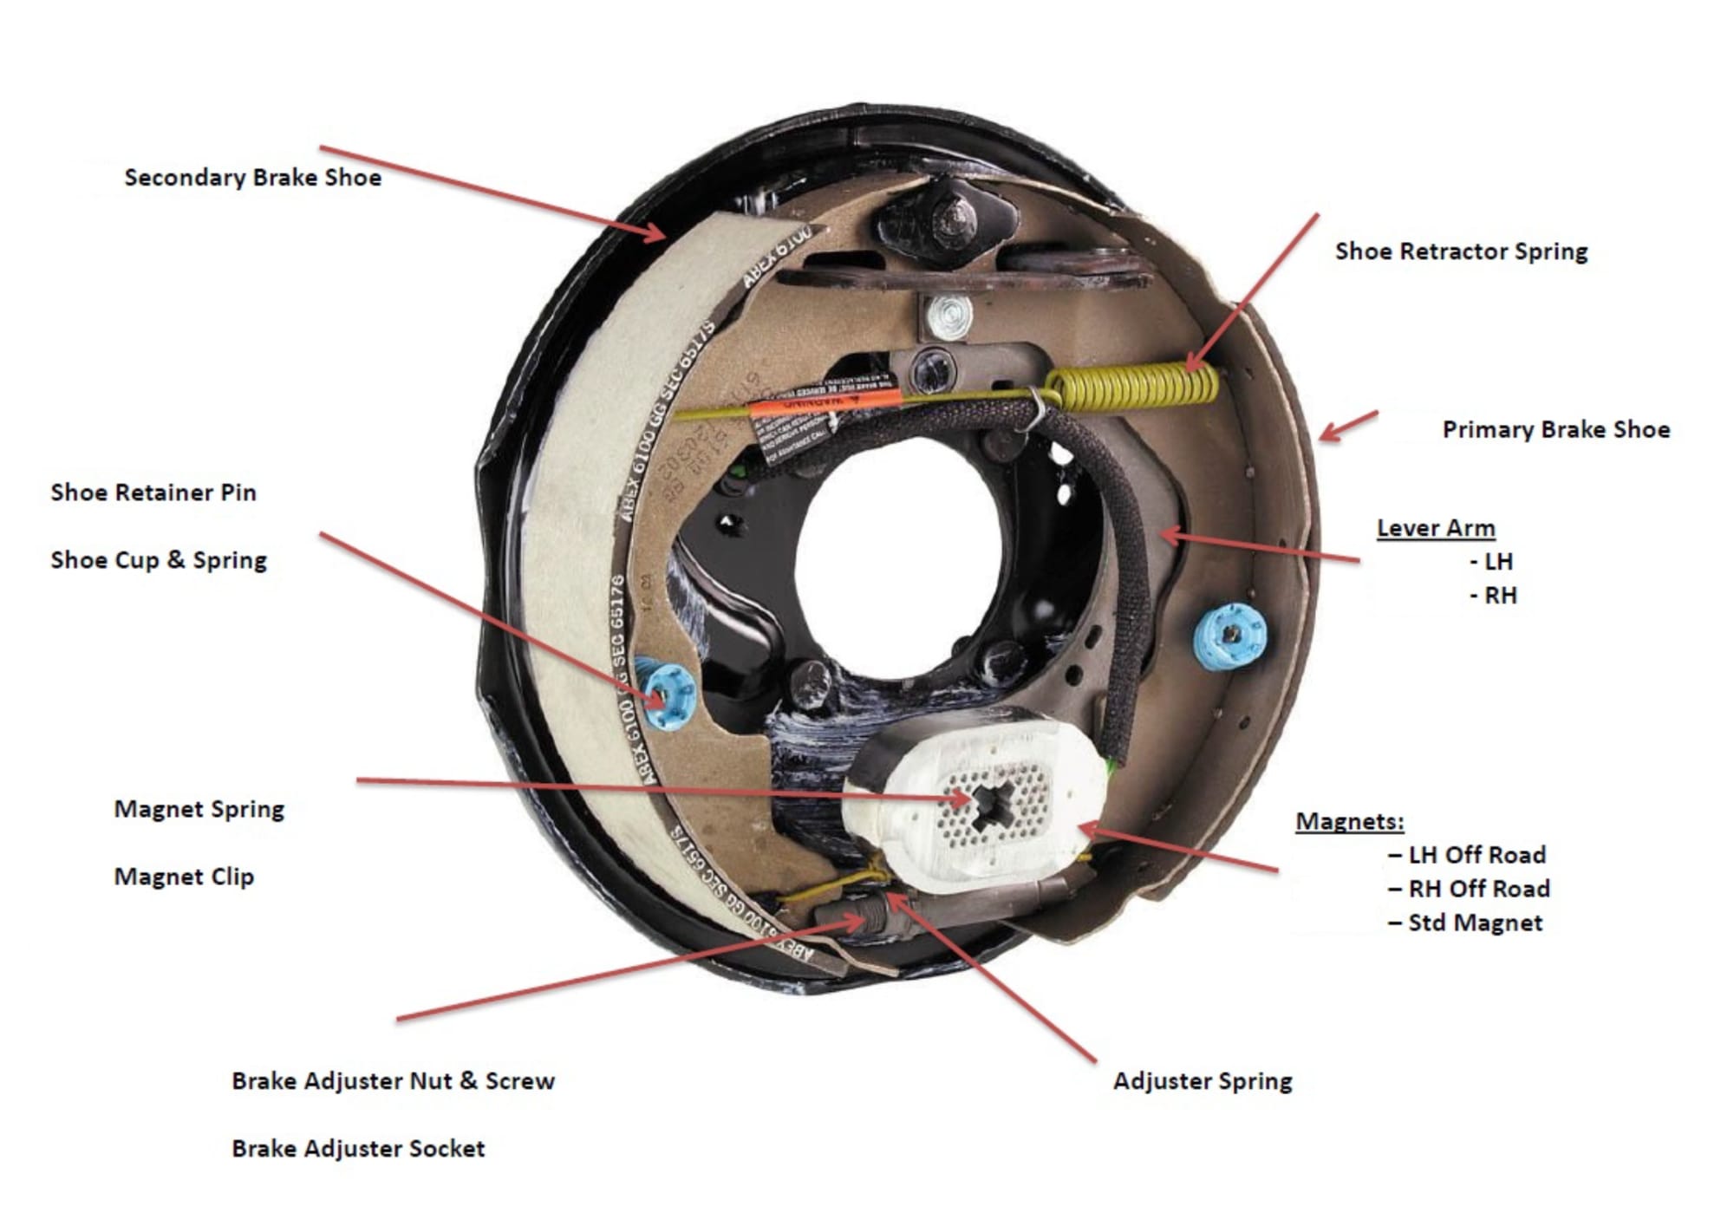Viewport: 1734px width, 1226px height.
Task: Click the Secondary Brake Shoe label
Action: [x=252, y=178]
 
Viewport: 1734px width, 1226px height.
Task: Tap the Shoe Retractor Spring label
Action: [x=1461, y=251]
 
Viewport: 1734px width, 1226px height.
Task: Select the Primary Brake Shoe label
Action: [x=1555, y=429]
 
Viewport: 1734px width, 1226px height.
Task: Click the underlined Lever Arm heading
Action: [x=1436, y=528]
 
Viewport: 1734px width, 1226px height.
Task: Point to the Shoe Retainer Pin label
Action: [x=153, y=492]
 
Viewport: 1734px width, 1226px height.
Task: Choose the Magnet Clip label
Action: [x=184, y=877]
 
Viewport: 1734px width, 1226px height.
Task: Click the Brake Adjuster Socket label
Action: [x=358, y=1149]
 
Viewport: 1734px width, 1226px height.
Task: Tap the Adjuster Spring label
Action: [x=1203, y=1081]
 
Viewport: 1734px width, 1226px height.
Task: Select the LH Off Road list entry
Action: [x=1477, y=855]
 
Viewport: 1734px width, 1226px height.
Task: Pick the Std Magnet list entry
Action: [x=1475, y=923]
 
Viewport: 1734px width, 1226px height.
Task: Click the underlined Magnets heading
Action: [x=1349, y=821]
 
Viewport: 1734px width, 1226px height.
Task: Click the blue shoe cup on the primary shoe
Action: [x=1229, y=636]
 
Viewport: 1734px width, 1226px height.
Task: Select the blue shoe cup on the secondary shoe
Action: [x=666, y=694]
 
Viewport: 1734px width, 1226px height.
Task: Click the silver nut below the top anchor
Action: [x=948, y=316]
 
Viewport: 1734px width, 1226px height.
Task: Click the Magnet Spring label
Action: [x=199, y=809]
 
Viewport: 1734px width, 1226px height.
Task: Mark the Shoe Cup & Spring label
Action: [x=159, y=560]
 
